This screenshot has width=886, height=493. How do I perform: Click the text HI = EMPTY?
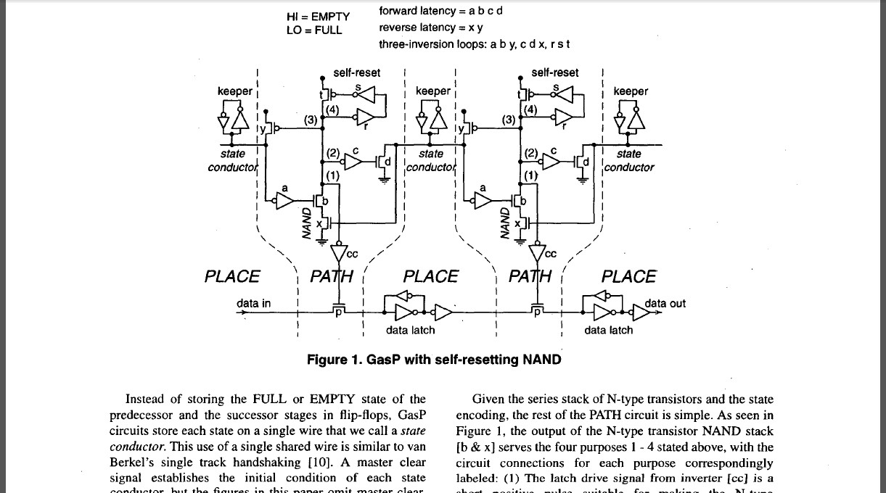coord(318,16)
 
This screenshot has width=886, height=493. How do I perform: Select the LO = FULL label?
coord(313,30)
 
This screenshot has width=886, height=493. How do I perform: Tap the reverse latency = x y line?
coord(431,28)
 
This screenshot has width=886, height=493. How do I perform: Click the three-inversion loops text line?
coord(474,44)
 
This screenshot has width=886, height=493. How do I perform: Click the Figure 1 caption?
coord(434,360)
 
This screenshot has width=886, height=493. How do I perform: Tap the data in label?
coord(253,303)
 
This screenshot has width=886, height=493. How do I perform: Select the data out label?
coord(665,303)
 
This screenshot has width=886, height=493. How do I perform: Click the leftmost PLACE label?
coord(231,276)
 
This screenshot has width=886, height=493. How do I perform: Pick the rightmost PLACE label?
coord(629,276)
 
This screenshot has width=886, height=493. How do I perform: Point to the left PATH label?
coord(332,276)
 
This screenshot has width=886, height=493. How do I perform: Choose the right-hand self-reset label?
coord(555,72)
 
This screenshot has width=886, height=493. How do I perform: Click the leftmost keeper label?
coord(234,91)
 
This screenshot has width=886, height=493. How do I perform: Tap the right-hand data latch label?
coord(608,330)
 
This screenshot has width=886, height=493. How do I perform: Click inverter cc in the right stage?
coord(538,252)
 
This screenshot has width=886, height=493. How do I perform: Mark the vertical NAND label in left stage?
coord(307,223)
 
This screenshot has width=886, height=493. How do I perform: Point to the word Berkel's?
coord(131,463)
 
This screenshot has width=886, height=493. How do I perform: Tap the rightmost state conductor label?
coord(628,160)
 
